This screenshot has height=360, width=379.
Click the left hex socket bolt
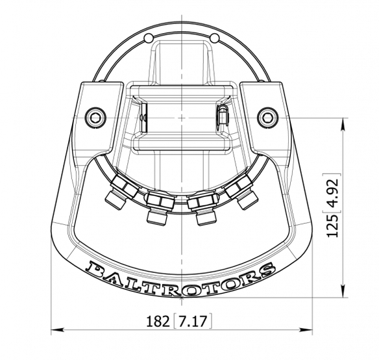(95, 118)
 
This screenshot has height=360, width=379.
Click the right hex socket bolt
(267, 118)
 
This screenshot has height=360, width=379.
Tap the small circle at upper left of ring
(149, 38)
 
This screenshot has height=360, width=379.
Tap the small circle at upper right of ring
(215, 38)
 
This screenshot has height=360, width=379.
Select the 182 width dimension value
(158, 322)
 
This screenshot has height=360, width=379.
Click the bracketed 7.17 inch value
(193, 322)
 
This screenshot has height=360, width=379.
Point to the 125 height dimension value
(332, 226)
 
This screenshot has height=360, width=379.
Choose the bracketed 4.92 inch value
(332, 193)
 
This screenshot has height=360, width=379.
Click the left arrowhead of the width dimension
(58, 329)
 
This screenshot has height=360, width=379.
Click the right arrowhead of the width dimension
(306, 329)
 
